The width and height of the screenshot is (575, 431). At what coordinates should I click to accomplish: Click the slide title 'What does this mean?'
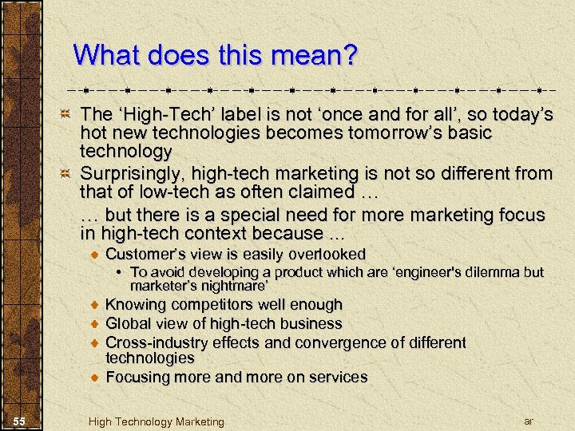[216, 56]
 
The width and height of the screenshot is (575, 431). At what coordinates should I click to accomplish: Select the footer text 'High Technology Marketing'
[157, 421]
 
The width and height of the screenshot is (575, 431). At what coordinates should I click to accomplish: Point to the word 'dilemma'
[498, 272]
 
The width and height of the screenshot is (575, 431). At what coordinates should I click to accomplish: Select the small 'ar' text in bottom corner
[528, 420]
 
